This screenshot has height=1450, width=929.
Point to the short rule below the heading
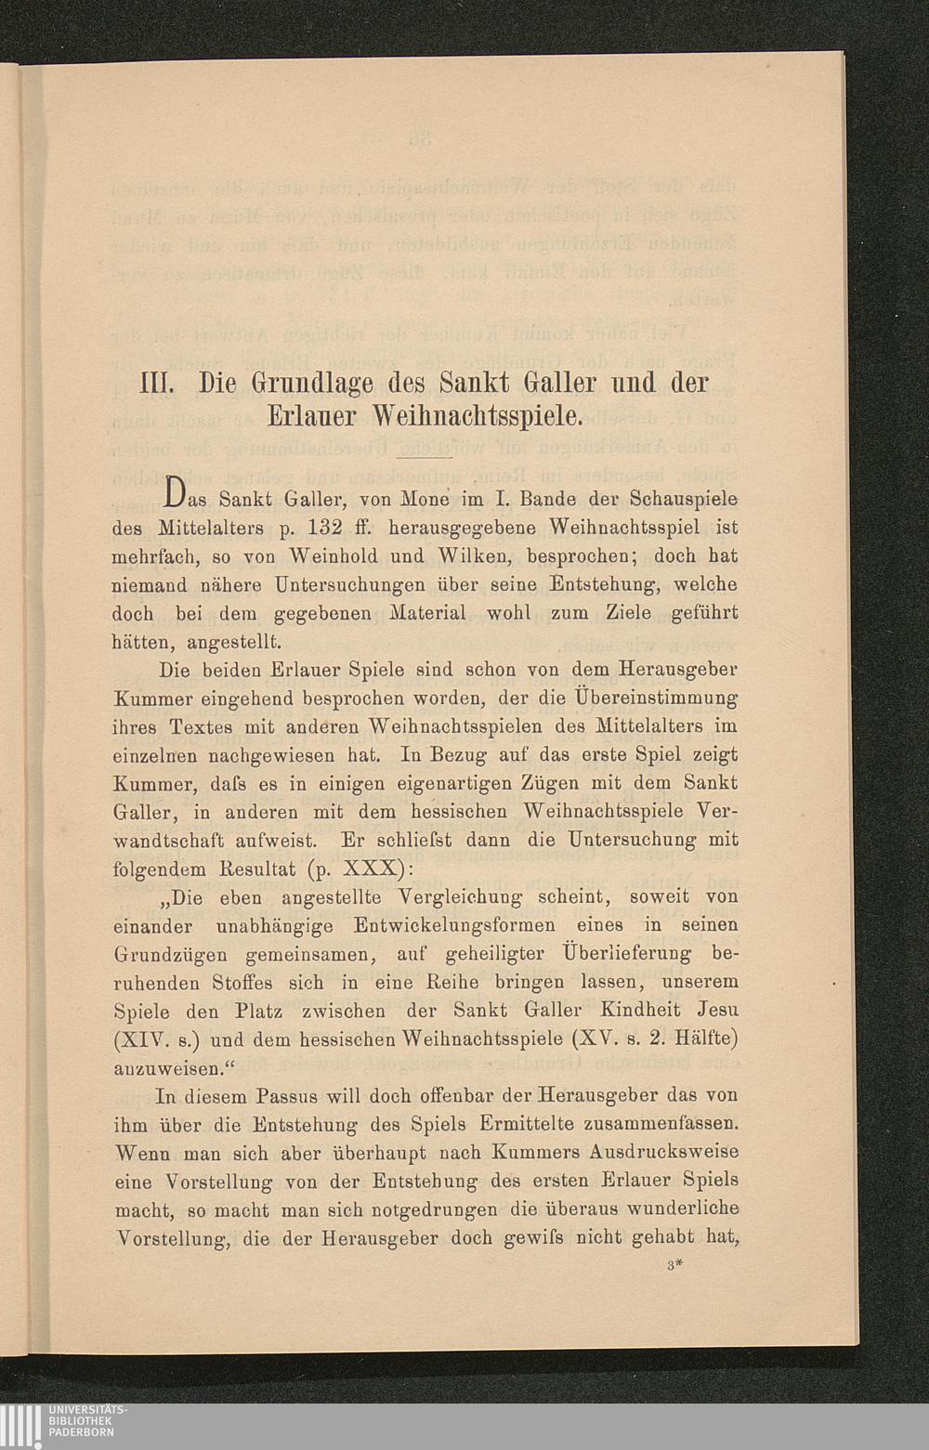424,458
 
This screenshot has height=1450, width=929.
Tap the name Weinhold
335,556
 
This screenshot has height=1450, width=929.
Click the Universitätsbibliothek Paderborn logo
65,1421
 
